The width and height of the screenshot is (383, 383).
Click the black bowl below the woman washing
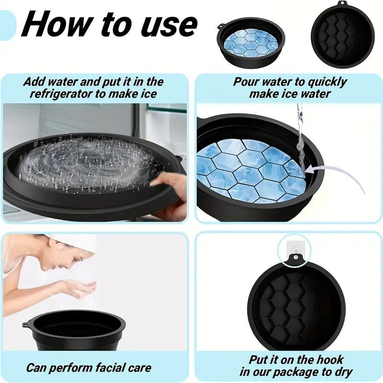point(74,330)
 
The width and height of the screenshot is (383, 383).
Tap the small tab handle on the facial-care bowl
point(25,325)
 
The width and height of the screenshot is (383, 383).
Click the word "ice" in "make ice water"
point(295,93)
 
